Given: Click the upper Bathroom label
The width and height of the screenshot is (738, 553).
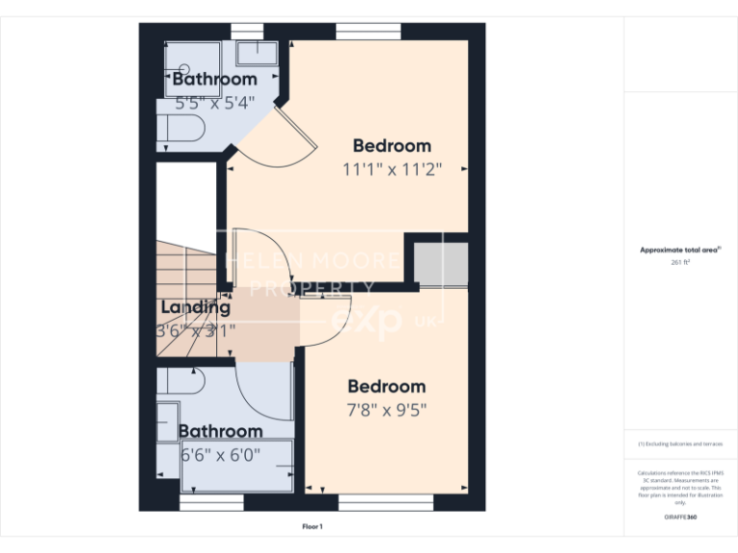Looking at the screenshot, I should coord(214,79).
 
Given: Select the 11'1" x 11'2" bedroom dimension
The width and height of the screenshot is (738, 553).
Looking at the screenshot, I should coord(391,169).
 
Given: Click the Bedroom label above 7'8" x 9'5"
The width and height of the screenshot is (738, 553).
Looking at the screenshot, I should coord(386,387).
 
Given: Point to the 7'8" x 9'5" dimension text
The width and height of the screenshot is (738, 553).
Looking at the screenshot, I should coord(386,410).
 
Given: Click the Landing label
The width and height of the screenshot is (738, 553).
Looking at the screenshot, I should coord(195,307).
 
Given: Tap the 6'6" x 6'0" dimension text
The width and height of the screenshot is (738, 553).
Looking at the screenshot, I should coord(220,454).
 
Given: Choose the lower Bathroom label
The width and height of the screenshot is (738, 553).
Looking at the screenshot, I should coord(220,431).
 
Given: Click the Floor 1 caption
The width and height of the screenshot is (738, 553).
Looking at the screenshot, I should coord(312,527).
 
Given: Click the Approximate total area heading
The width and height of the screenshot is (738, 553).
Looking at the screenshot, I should coord(679,250).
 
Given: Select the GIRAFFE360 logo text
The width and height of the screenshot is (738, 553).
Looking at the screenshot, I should coord(679,517).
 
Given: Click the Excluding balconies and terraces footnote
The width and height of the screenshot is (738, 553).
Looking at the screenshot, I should coord(679,445).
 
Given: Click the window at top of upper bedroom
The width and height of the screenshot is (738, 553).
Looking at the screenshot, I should coord(368,32).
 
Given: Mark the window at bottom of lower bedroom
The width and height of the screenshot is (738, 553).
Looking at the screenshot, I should coord(370,502).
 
